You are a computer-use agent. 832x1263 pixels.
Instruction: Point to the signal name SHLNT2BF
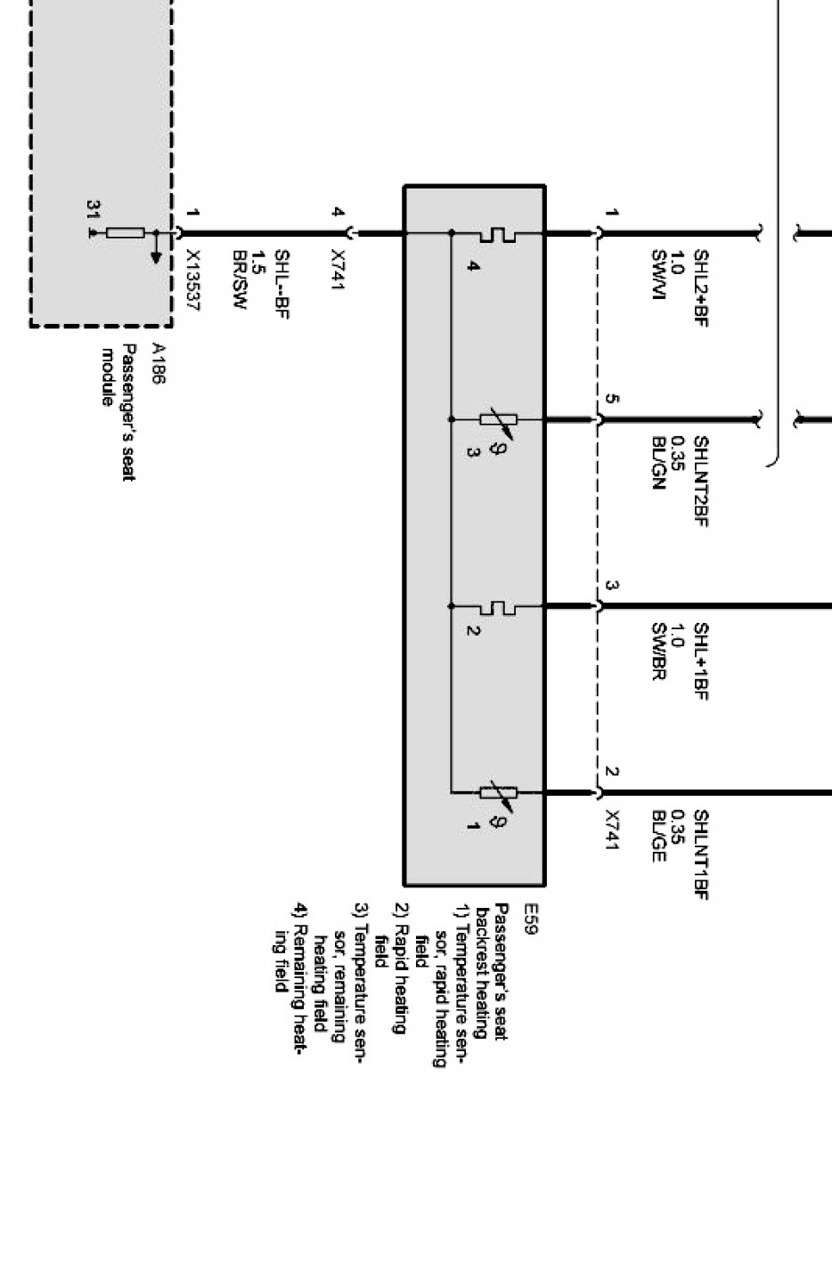(700, 481)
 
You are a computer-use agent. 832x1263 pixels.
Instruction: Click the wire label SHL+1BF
(700, 661)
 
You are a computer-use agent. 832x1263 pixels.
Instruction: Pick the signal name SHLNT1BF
(700, 854)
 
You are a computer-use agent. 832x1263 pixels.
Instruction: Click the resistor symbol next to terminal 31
(126, 233)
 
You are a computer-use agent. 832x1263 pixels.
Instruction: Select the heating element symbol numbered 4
(497, 234)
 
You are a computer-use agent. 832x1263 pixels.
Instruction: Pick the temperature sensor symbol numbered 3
(497, 419)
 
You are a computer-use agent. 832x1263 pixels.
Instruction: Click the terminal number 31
(93, 210)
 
